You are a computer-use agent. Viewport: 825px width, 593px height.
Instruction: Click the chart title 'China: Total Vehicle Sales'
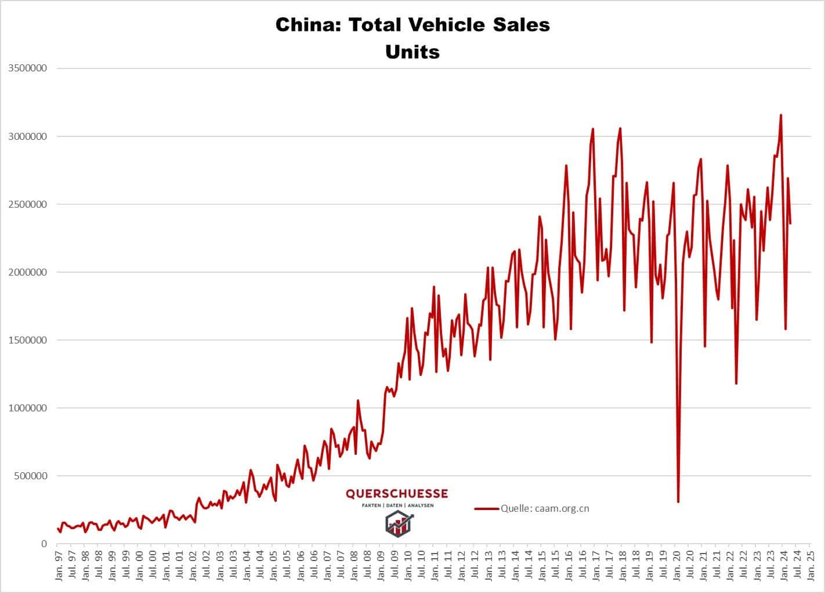point(412,25)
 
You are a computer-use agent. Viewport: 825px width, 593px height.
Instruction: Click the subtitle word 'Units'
point(412,52)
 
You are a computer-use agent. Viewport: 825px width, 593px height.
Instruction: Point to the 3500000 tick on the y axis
point(28,68)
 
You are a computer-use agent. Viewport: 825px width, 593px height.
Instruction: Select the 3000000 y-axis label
point(28,136)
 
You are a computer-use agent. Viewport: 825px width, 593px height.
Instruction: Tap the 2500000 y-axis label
point(28,204)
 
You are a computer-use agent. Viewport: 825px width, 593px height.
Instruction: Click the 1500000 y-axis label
point(28,340)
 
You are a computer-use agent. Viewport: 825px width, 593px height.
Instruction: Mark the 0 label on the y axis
point(44,544)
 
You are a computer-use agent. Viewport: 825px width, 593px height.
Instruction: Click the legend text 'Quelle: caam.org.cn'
point(545,509)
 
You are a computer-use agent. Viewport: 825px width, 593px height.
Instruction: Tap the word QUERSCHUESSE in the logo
point(397,494)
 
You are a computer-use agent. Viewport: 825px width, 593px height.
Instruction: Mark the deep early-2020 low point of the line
point(678,502)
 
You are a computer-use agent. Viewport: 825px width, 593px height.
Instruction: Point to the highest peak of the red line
point(781,115)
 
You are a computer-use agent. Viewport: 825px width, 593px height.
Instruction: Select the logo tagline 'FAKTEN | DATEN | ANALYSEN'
point(397,505)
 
